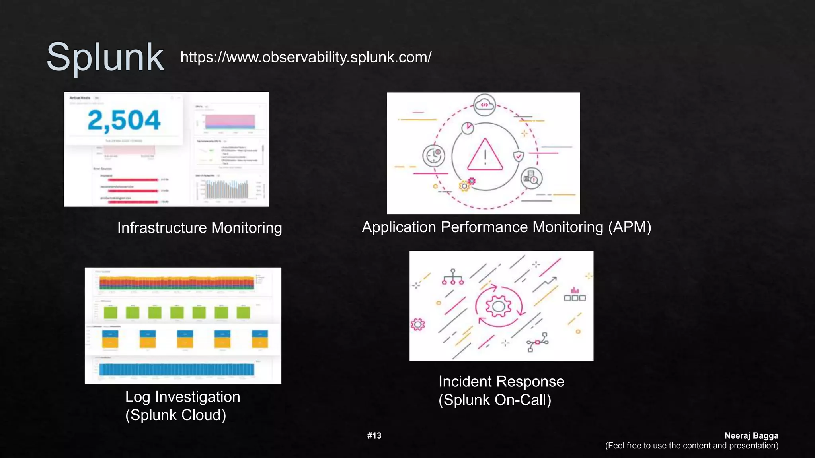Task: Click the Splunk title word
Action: tap(105, 58)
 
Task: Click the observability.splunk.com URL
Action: tap(306, 57)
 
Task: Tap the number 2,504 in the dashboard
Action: tap(124, 120)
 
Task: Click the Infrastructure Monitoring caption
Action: tap(199, 228)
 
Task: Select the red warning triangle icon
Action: tap(485, 155)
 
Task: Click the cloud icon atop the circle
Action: tap(484, 105)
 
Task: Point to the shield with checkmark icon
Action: tap(518, 156)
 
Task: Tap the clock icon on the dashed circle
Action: tap(433, 155)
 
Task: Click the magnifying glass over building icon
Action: tap(531, 179)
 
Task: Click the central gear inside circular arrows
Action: tap(498, 306)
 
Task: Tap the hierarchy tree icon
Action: tap(453, 277)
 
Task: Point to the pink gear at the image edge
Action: tap(417, 324)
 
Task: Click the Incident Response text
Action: tap(501, 382)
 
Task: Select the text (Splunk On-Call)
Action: tap(495, 400)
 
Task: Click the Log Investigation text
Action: tap(183, 397)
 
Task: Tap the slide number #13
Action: tap(374, 436)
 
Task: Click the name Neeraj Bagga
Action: tap(751, 436)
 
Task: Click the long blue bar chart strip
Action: tap(177, 369)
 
